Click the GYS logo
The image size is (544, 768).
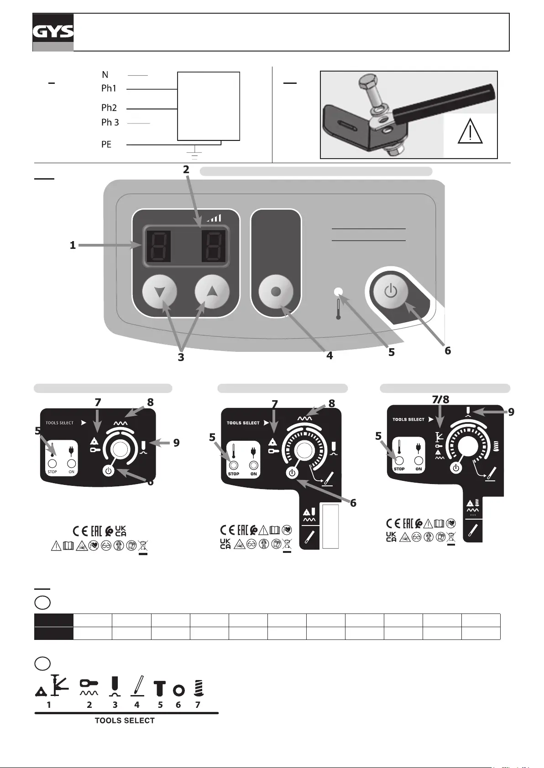(x=53, y=32)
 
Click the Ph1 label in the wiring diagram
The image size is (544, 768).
(x=109, y=88)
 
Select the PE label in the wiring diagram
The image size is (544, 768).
(x=106, y=144)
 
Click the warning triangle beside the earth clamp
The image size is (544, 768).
(x=470, y=133)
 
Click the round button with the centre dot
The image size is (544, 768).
(x=276, y=292)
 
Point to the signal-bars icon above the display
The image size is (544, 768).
(x=214, y=218)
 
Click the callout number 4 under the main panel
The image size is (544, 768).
(x=330, y=356)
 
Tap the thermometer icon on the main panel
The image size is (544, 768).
(x=338, y=309)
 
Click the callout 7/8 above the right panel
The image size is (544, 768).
(x=440, y=399)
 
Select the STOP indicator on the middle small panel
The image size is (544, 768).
(x=234, y=465)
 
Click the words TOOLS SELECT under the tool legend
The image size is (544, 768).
(x=125, y=721)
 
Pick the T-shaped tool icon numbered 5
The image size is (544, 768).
(x=159, y=688)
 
